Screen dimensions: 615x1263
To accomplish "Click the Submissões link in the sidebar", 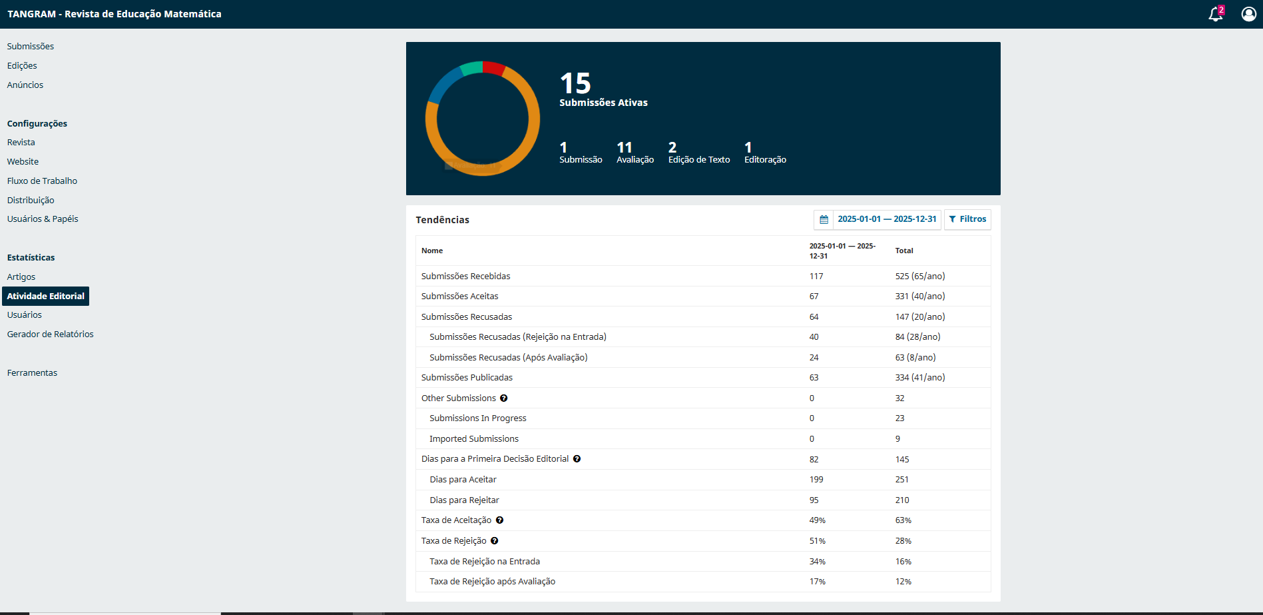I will pos(31,46).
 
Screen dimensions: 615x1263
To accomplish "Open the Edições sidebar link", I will pos(22,65).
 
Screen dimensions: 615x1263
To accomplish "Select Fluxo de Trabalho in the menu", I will pos(42,181).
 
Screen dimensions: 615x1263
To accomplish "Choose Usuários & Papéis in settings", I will pos(43,219).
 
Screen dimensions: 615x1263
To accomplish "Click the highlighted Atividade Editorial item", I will pos(46,296).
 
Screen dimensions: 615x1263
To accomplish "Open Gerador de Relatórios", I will pos(50,334).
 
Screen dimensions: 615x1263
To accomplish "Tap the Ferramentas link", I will pos(32,372).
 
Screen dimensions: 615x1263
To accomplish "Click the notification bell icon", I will pos(1216,14).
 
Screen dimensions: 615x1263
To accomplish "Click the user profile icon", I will pos(1248,14).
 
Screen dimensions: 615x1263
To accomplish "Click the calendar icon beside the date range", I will pos(824,219).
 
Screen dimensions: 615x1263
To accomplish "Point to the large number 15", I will pos(575,84).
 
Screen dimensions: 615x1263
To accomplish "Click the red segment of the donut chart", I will pos(494,67).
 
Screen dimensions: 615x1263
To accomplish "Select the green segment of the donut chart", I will pos(471,68).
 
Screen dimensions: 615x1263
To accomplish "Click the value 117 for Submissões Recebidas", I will pos(816,276).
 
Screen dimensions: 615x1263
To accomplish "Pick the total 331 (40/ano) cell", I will pos(920,296).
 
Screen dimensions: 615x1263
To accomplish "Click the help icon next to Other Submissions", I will pos(504,398).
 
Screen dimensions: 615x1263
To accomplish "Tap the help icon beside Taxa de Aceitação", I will pos(499,520).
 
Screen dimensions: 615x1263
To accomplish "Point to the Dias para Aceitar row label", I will pos(463,479).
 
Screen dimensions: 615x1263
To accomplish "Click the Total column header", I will pos(904,251).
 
